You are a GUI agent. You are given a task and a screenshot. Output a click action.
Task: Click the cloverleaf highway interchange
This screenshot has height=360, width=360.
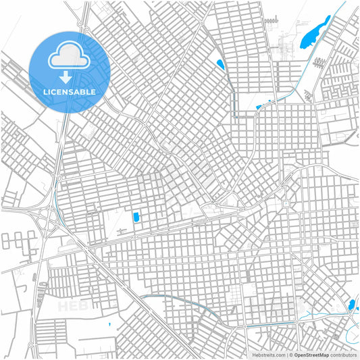[49, 217]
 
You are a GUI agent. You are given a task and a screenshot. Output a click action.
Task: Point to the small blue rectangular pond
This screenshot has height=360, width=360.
[136, 217]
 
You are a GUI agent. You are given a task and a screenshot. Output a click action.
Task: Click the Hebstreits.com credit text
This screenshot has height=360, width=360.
[267, 355]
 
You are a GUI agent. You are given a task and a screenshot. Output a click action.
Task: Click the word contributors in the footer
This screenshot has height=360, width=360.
[343, 355]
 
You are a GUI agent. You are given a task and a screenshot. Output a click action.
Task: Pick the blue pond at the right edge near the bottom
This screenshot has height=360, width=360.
[352, 305]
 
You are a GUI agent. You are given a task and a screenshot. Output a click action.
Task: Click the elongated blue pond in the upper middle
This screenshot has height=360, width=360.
[220, 66]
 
